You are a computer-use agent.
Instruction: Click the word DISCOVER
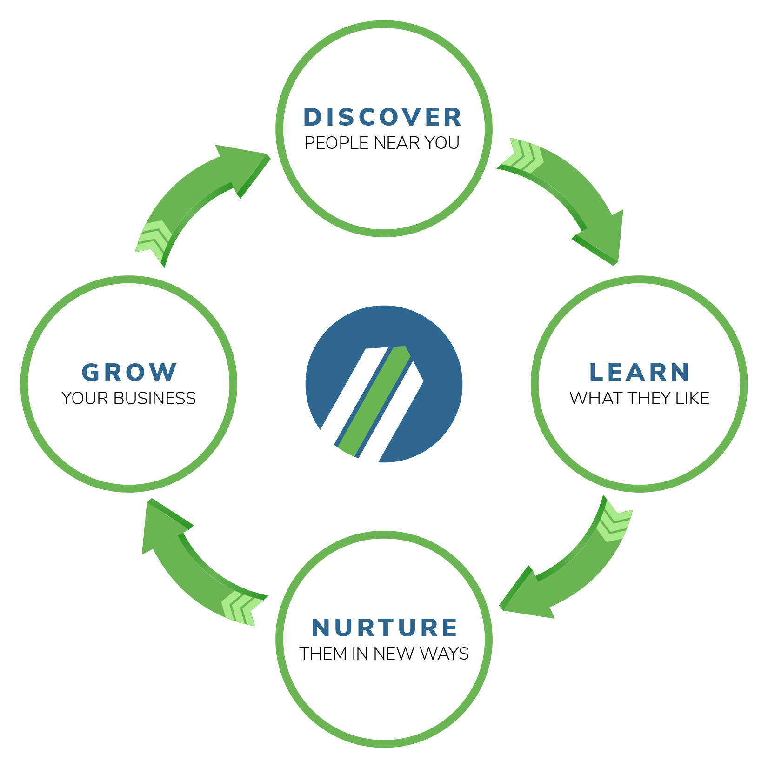click(382, 117)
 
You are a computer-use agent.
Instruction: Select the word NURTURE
click(384, 628)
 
